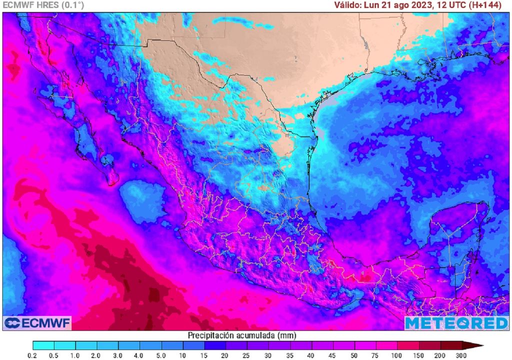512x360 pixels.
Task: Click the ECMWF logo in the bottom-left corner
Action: [37, 323]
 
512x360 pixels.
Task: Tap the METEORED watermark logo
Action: [456, 323]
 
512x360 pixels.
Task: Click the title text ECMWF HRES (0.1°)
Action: [43, 5]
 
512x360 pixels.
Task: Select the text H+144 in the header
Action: [489, 5]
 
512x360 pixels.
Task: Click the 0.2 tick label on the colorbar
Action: [33, 354]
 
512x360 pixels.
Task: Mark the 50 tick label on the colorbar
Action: [354, 354]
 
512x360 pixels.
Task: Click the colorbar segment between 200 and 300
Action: [451, 345]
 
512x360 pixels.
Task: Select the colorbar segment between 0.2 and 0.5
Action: [43, 345]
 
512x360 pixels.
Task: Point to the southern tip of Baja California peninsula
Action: [113, 181]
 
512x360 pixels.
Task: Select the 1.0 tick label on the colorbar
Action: [76, 354]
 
